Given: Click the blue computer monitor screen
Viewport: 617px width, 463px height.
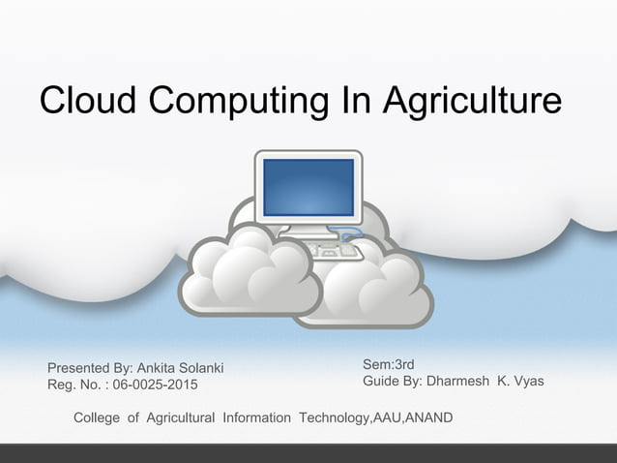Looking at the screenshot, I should pyautogui.click(x=308, y=186).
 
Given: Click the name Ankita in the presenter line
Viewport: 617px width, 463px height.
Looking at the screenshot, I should pyautogui.click(x=158, y=368).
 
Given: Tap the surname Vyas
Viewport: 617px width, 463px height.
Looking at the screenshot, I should pyautogui.click(x=526, y=382).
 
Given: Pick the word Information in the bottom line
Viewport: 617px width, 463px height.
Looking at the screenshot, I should pyautogui.click(x=256, y=418).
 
